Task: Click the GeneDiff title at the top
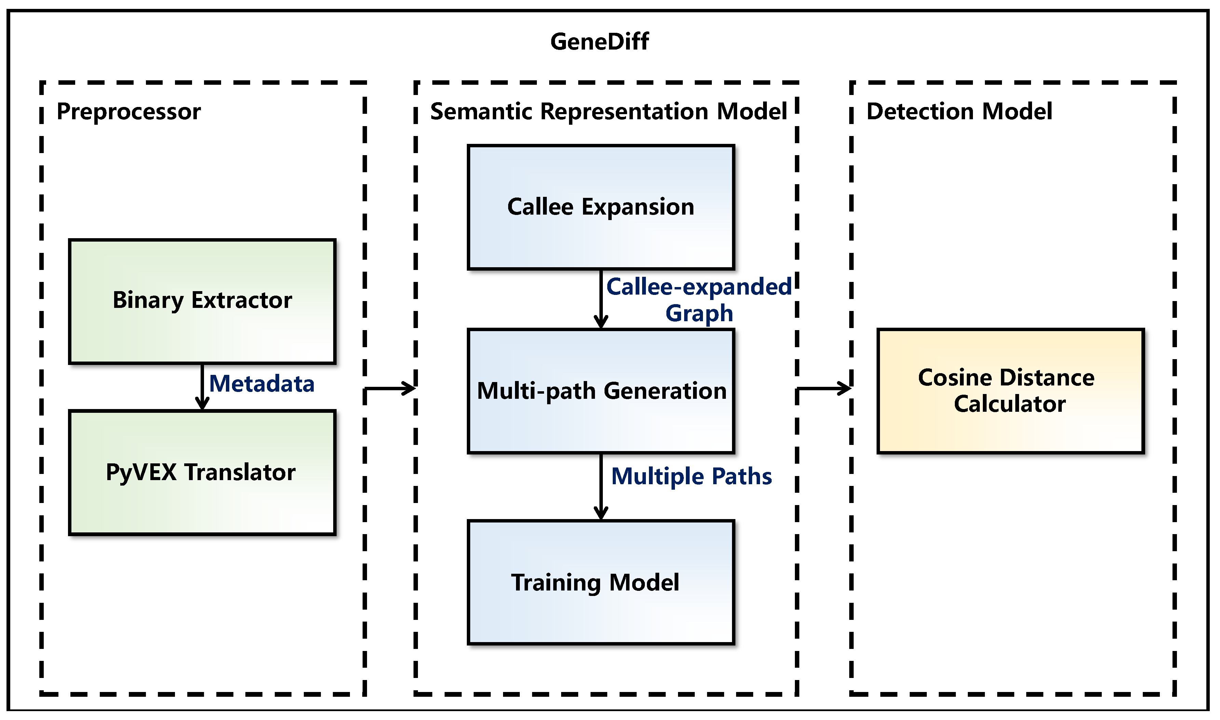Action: tap(599, 42)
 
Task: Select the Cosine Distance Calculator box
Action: tap(1011, 391)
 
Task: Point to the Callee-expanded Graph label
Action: tap(699, 300)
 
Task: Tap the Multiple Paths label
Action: tap(691, 476)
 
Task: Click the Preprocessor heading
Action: tap(128, 112)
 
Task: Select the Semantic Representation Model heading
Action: tap(608, 112)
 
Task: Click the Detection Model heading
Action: tap(959, 112)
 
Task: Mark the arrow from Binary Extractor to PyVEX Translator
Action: tap(202, 387)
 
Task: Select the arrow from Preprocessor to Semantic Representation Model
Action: tap(390, 389)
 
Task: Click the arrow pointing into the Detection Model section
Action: tap(824, 389)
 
